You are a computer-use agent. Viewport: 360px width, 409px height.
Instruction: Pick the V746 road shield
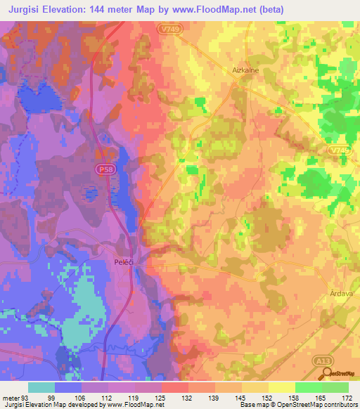pos(336,150)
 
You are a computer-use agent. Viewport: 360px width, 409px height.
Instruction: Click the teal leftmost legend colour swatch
pos(41,387)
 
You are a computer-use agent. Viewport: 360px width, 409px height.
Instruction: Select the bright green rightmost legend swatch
pos(335,387)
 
